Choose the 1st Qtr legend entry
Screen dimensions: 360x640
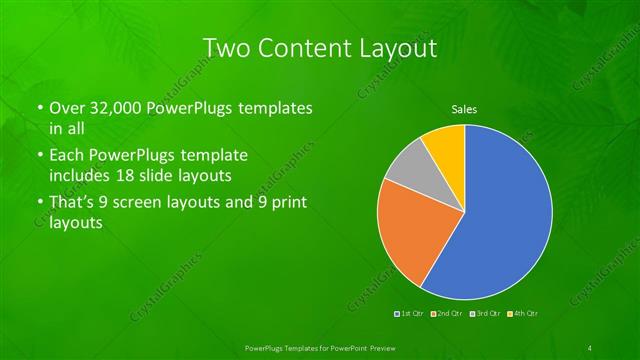(410, 314)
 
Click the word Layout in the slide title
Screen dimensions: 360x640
(394, 48)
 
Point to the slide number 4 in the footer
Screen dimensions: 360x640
(590, 347)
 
